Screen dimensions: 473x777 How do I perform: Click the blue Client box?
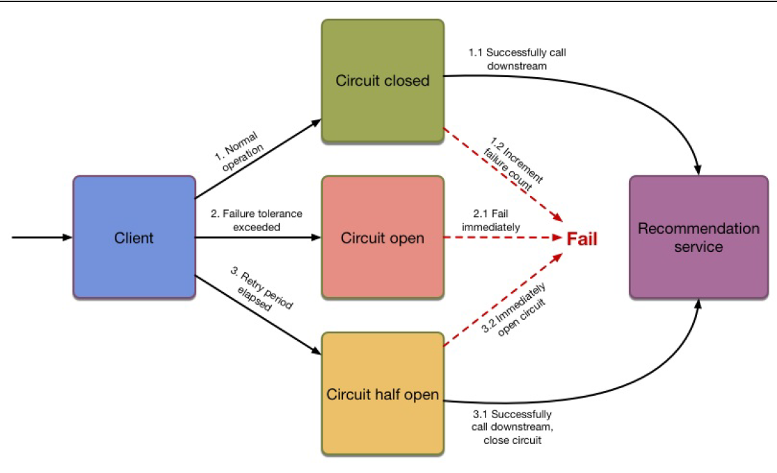134,237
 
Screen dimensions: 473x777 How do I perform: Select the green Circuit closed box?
383,81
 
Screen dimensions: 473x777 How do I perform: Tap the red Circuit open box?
383,237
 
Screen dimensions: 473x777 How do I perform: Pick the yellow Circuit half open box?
383,394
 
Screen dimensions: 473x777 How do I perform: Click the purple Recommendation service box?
698,237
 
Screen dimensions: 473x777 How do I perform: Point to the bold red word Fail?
582,239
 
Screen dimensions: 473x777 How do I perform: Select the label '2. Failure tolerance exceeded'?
257,220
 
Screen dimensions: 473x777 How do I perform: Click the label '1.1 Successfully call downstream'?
512,59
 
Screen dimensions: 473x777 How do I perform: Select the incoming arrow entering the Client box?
42,237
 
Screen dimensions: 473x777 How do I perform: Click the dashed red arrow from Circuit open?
501,237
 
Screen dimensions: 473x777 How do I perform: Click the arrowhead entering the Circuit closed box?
317,122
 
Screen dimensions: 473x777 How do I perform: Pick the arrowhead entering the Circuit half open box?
317,353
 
